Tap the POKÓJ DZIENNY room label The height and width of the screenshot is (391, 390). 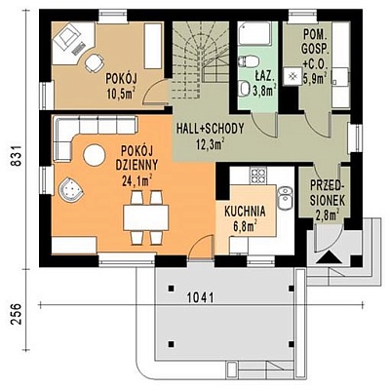(136, 158)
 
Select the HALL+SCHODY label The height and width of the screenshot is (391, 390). (210, 129)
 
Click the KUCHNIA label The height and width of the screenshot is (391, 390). (245, 212)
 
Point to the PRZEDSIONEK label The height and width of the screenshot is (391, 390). (328, 193)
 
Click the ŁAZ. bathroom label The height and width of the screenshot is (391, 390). (265, 78)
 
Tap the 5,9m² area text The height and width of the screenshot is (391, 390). (315, 79)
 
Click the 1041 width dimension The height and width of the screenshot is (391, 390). (201, 297)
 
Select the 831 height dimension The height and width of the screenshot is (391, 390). (17, 156)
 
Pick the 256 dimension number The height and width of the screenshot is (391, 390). (17, 314)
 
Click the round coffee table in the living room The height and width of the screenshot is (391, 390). (94, 155)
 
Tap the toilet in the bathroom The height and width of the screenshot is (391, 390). (249, 60)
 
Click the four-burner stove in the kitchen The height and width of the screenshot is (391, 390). (258, 176)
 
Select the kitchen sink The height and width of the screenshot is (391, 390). (285, 197)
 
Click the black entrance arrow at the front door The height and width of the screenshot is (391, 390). (330, 257)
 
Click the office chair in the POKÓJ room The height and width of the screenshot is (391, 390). (95, 62)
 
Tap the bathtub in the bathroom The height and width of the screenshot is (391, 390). (254, 32)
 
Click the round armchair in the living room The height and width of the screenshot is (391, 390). (70, 189)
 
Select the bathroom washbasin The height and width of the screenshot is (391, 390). (244, 89)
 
